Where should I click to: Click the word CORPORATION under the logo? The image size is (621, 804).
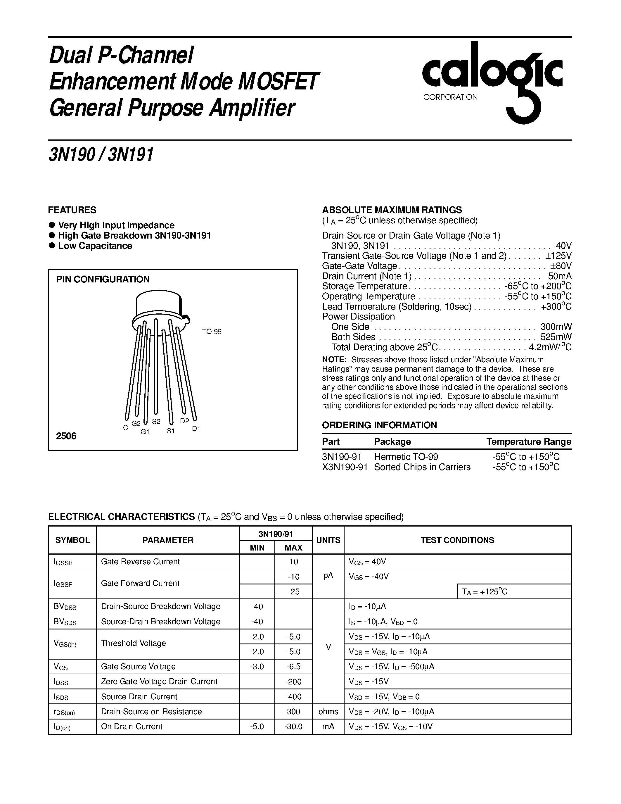point(450,97)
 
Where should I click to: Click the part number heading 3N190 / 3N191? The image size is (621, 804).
point(101,155)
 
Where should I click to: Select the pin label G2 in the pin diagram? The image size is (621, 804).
point(136,424)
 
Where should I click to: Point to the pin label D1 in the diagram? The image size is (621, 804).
point(196,429)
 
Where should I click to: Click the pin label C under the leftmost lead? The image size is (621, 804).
point(125,428)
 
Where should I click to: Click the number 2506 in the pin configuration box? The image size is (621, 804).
point(66,436)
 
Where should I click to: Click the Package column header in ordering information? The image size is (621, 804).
point(392,442)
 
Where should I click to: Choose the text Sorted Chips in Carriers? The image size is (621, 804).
point(422,467)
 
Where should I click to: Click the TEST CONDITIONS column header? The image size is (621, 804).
point(457,540)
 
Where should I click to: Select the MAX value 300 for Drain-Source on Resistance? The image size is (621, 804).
point(293,712)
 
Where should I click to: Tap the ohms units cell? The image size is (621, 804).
point(328,712)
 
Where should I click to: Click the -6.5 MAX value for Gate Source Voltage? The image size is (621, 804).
point(293,667)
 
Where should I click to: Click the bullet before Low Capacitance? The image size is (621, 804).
point(52,246)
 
